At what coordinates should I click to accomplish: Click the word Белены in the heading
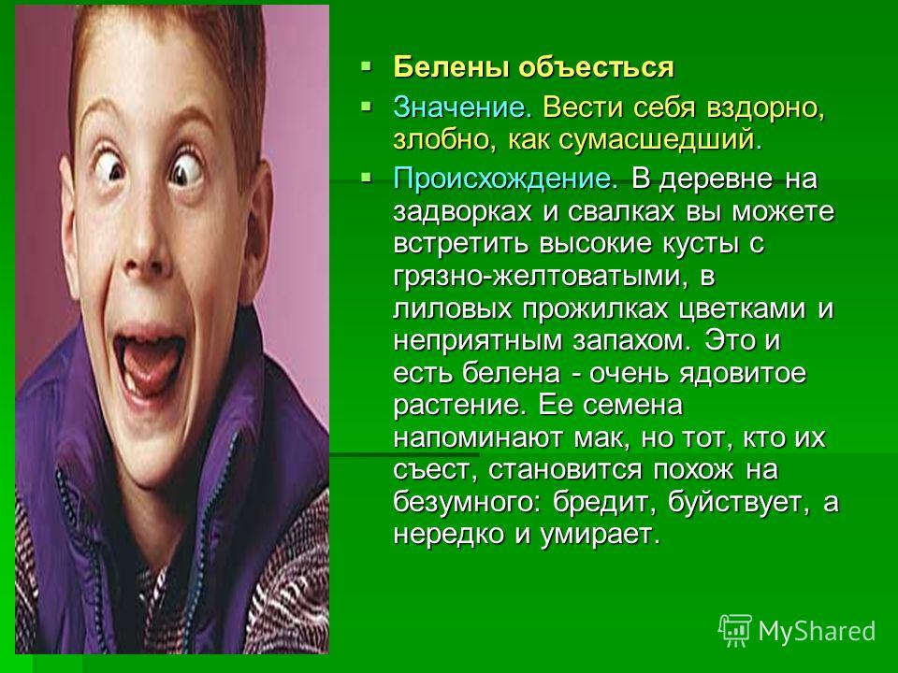tap(451, 67)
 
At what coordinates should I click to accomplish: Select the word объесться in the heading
tap(597, 67)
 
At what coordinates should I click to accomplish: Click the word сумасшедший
tap(660, 139)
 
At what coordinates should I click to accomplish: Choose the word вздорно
tap(766, 108)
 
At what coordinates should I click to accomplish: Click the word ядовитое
tap(743, 374)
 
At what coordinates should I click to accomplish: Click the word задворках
tap(462, 212)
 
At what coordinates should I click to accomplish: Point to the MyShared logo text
tap(817, 631)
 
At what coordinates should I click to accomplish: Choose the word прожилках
tap(595, 309)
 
